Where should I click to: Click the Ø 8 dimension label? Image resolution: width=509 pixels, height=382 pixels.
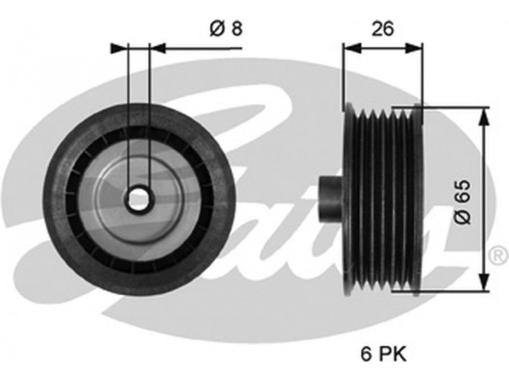(x=225, y=29)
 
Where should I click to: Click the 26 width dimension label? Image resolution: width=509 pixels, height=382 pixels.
(x=382, y=28)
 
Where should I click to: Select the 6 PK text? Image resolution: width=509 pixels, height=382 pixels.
(x=382, y=352)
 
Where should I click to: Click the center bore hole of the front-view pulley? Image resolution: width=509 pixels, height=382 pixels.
(x=139, y=200)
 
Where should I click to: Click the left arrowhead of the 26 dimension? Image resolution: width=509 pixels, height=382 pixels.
(x=350, y=47)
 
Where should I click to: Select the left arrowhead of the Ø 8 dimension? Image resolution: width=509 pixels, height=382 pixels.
(x=120, y=47)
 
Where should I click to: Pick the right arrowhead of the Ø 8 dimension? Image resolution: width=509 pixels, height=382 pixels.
(x=158, y=47)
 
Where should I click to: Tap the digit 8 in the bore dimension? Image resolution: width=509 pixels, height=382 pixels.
(x=236, y=29)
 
